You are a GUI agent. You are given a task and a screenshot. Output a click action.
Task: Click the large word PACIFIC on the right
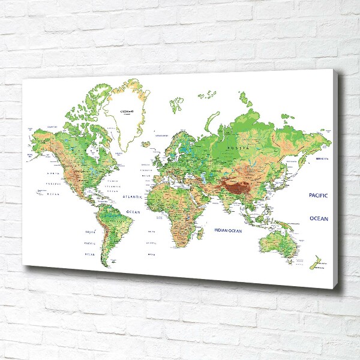point(318,196)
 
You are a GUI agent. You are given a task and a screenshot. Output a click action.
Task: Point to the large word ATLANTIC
point(132,196)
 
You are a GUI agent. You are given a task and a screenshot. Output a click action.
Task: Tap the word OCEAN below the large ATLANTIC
point(133,211)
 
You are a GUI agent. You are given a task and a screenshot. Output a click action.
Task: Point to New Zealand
point(314,262)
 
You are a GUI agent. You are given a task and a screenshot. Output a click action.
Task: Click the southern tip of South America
point(105,263)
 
